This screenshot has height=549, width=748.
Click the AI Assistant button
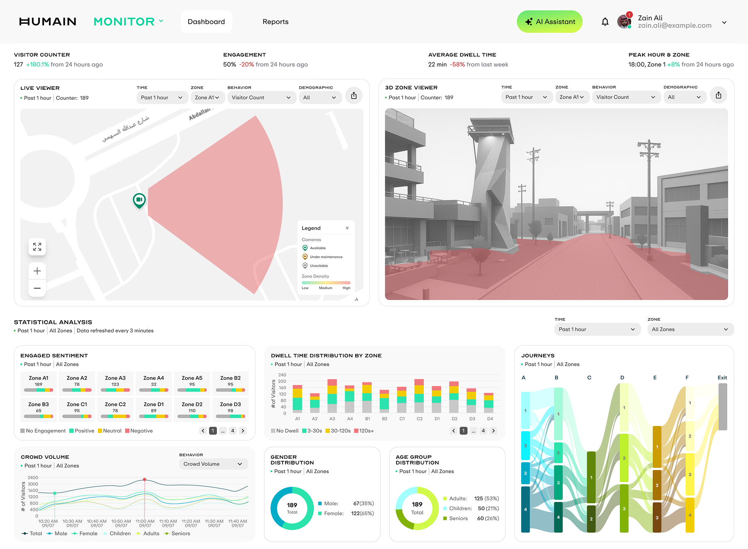549,22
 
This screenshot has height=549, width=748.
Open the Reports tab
275,22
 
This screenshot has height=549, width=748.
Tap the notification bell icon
605,22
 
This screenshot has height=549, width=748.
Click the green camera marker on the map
139,200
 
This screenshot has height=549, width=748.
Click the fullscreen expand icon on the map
37,247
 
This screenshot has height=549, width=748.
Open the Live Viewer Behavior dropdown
261,98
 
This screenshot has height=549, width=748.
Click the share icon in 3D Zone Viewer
718,96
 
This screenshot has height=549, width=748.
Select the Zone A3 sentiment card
115,383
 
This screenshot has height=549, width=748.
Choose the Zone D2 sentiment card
192,409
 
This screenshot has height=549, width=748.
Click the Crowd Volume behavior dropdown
213,464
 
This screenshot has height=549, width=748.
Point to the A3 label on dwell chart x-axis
332,419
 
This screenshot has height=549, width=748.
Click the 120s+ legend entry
364,431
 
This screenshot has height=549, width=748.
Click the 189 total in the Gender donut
292,507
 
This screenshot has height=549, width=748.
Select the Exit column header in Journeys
722,378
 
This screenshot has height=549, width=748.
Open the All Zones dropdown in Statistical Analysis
690,329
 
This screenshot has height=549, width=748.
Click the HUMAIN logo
48,22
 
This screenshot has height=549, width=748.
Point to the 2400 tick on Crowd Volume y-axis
33,478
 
